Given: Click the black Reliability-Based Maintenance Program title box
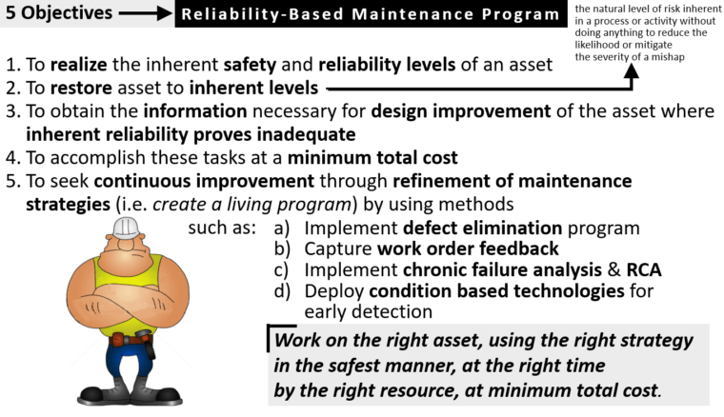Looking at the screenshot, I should click(370, 14).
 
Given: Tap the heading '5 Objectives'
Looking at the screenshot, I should click(59, 14).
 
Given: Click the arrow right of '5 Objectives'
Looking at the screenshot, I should click(147, 14).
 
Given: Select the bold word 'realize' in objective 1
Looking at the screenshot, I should click(78, 66).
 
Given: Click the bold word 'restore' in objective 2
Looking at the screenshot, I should click(78, 89).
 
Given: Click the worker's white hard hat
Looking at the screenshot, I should click(126, 228).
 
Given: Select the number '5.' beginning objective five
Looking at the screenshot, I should click(14, 181).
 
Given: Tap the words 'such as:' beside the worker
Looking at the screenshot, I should click(223, 228).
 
